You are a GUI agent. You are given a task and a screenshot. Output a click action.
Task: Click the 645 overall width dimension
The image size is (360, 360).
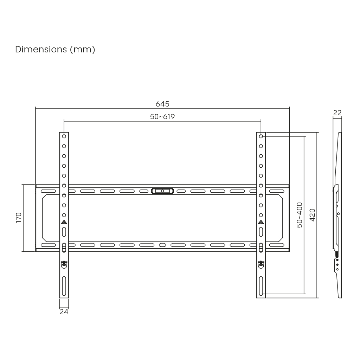162,104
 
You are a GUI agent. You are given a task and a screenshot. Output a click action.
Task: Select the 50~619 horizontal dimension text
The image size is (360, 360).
162,117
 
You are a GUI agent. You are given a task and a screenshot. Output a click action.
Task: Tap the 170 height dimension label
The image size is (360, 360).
19,217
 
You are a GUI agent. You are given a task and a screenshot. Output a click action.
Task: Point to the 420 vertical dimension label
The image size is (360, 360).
312,215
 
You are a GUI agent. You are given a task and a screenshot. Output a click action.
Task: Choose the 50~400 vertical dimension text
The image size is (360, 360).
300,215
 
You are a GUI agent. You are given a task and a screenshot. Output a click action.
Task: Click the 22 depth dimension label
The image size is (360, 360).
337,113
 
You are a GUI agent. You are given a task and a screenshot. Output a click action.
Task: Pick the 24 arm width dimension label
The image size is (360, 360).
64,311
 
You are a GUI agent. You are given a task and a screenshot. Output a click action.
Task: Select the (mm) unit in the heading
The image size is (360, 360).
83,50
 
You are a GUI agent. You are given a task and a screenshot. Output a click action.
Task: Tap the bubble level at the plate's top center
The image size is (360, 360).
162,191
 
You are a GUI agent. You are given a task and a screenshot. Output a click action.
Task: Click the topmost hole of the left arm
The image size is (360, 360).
64,136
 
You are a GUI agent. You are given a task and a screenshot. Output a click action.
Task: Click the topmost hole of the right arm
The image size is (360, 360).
261,136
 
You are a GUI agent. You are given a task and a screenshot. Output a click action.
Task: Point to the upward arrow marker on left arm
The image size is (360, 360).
64,222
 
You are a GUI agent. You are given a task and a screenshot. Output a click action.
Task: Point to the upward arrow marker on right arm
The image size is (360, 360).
261,222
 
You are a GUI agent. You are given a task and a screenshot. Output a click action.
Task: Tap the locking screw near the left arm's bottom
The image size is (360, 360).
64,263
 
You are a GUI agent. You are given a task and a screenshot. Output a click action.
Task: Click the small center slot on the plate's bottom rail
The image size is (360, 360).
162,245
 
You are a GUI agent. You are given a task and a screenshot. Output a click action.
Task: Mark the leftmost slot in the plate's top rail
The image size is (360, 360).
48,192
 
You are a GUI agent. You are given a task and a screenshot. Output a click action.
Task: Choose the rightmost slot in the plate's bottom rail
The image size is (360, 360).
277,245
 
